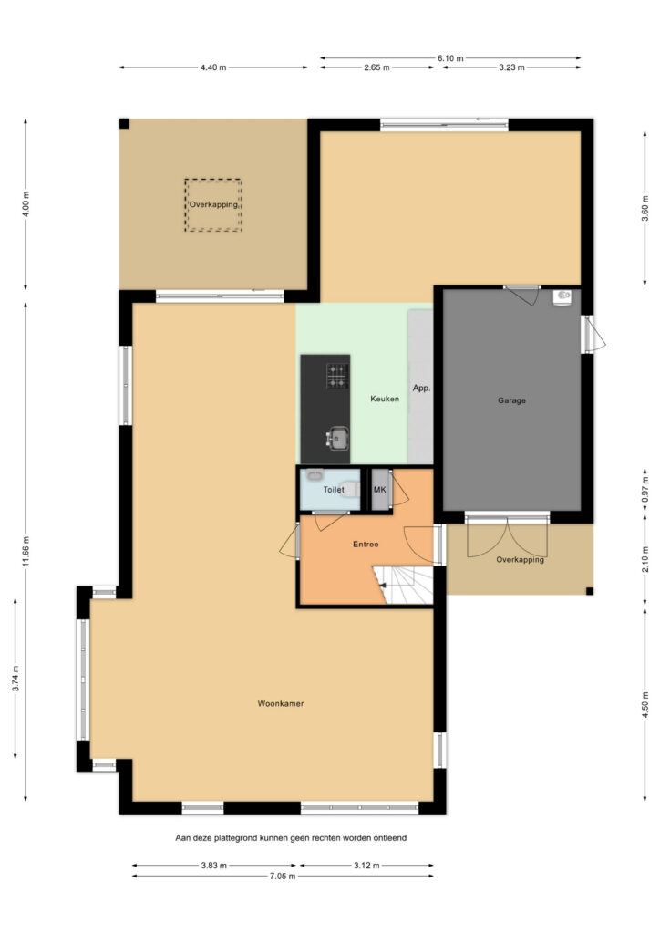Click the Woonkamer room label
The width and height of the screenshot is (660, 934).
coord(280,703)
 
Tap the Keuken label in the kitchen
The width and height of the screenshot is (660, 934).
coord(385,399)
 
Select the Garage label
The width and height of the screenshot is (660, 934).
coord(511,400)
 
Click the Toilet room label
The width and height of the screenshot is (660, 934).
coord(334,490)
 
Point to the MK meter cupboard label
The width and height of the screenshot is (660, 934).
coord(380,490)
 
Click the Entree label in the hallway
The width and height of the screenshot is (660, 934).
coord(366,544)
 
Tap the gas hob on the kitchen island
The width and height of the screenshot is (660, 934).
coord(337,376)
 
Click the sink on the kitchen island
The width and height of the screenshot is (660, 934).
coord(337,439)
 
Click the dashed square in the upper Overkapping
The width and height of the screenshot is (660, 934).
coord(184,204)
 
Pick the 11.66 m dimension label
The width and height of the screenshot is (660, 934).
coord(26,552)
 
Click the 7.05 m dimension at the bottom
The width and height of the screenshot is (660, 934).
coord(283,876)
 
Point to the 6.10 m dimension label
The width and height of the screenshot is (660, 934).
coord(450,57)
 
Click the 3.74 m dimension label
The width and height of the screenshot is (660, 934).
coord(15,679)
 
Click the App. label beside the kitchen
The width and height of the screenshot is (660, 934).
coord(421,388)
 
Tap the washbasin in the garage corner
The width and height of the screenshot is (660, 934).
coord(562,296)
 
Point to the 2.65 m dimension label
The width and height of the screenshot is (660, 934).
coord(376,67)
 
